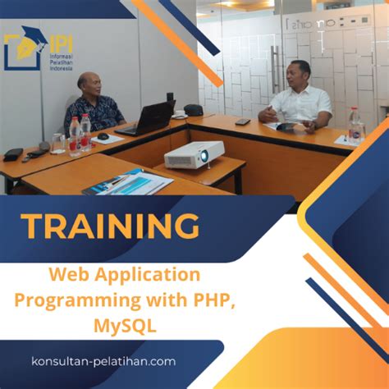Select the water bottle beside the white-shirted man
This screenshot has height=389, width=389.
355,124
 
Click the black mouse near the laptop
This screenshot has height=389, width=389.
104,136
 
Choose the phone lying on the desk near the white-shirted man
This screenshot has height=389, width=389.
242,122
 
